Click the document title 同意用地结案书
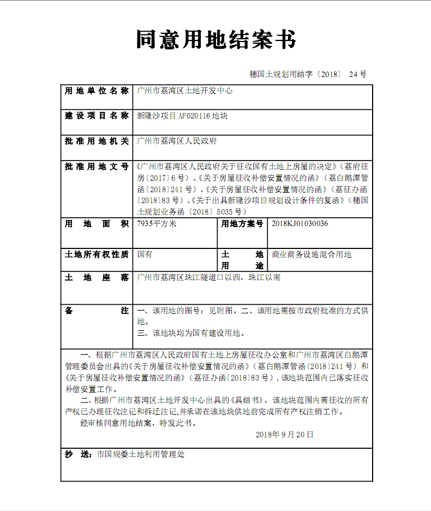pos(215,40)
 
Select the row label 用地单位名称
pos(97,91)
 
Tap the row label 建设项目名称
pos(97,116)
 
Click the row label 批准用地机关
pos(97,141)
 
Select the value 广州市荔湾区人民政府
pos(177,141)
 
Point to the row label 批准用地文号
pos(97,167)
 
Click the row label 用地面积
pos(97,224)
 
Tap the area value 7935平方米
pos(157,224)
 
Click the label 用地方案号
pos(242,224)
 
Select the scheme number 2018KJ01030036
pos(300,224)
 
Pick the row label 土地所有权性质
pos(97,254)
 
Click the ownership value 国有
pos(145,254)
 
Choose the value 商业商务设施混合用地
pos(312,254)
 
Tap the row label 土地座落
pos(97,277)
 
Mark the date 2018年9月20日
pos(284,435)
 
